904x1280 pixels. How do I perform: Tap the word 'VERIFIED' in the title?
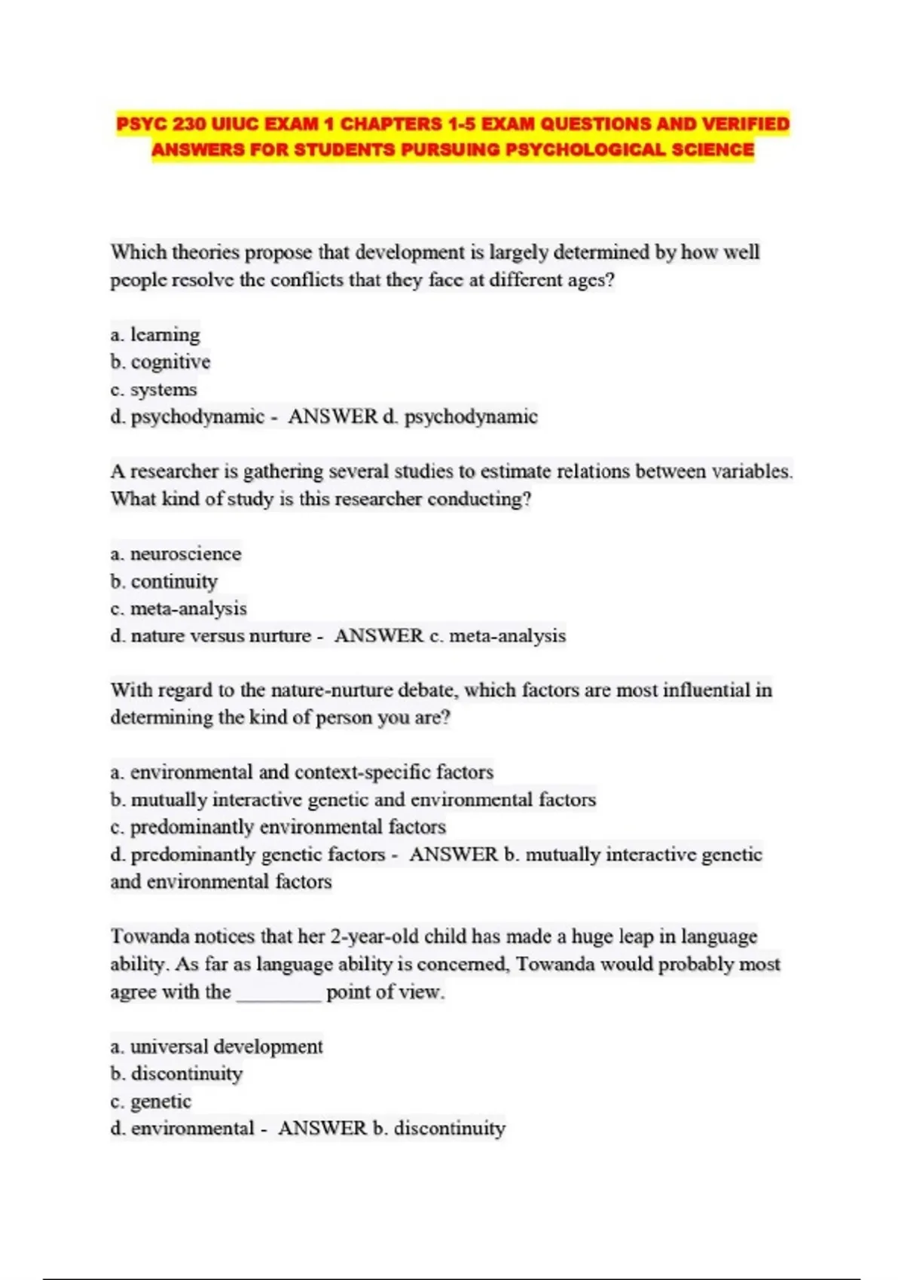(x=746, y=124)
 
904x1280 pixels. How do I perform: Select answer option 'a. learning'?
(x=155, y=334)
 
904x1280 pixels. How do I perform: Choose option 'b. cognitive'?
(x=160, y=362)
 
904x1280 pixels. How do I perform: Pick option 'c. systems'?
(x=154, y=390)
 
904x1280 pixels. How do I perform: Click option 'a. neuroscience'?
(x=176, y=553)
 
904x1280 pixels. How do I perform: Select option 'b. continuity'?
(x=163, y=581)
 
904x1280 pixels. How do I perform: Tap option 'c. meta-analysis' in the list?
(x=179, y=608)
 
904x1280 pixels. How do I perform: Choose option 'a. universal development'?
(x=216, y=1047)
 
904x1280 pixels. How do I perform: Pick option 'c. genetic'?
(x=151, y=1102)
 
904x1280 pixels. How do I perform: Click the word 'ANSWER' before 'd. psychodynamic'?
(x=332, y=416)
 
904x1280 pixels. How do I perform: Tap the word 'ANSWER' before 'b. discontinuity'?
(x=322, y=1129)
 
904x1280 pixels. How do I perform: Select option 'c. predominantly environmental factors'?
(x=278, y=827)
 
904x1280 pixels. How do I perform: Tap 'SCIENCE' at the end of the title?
(x=713, y=150)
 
